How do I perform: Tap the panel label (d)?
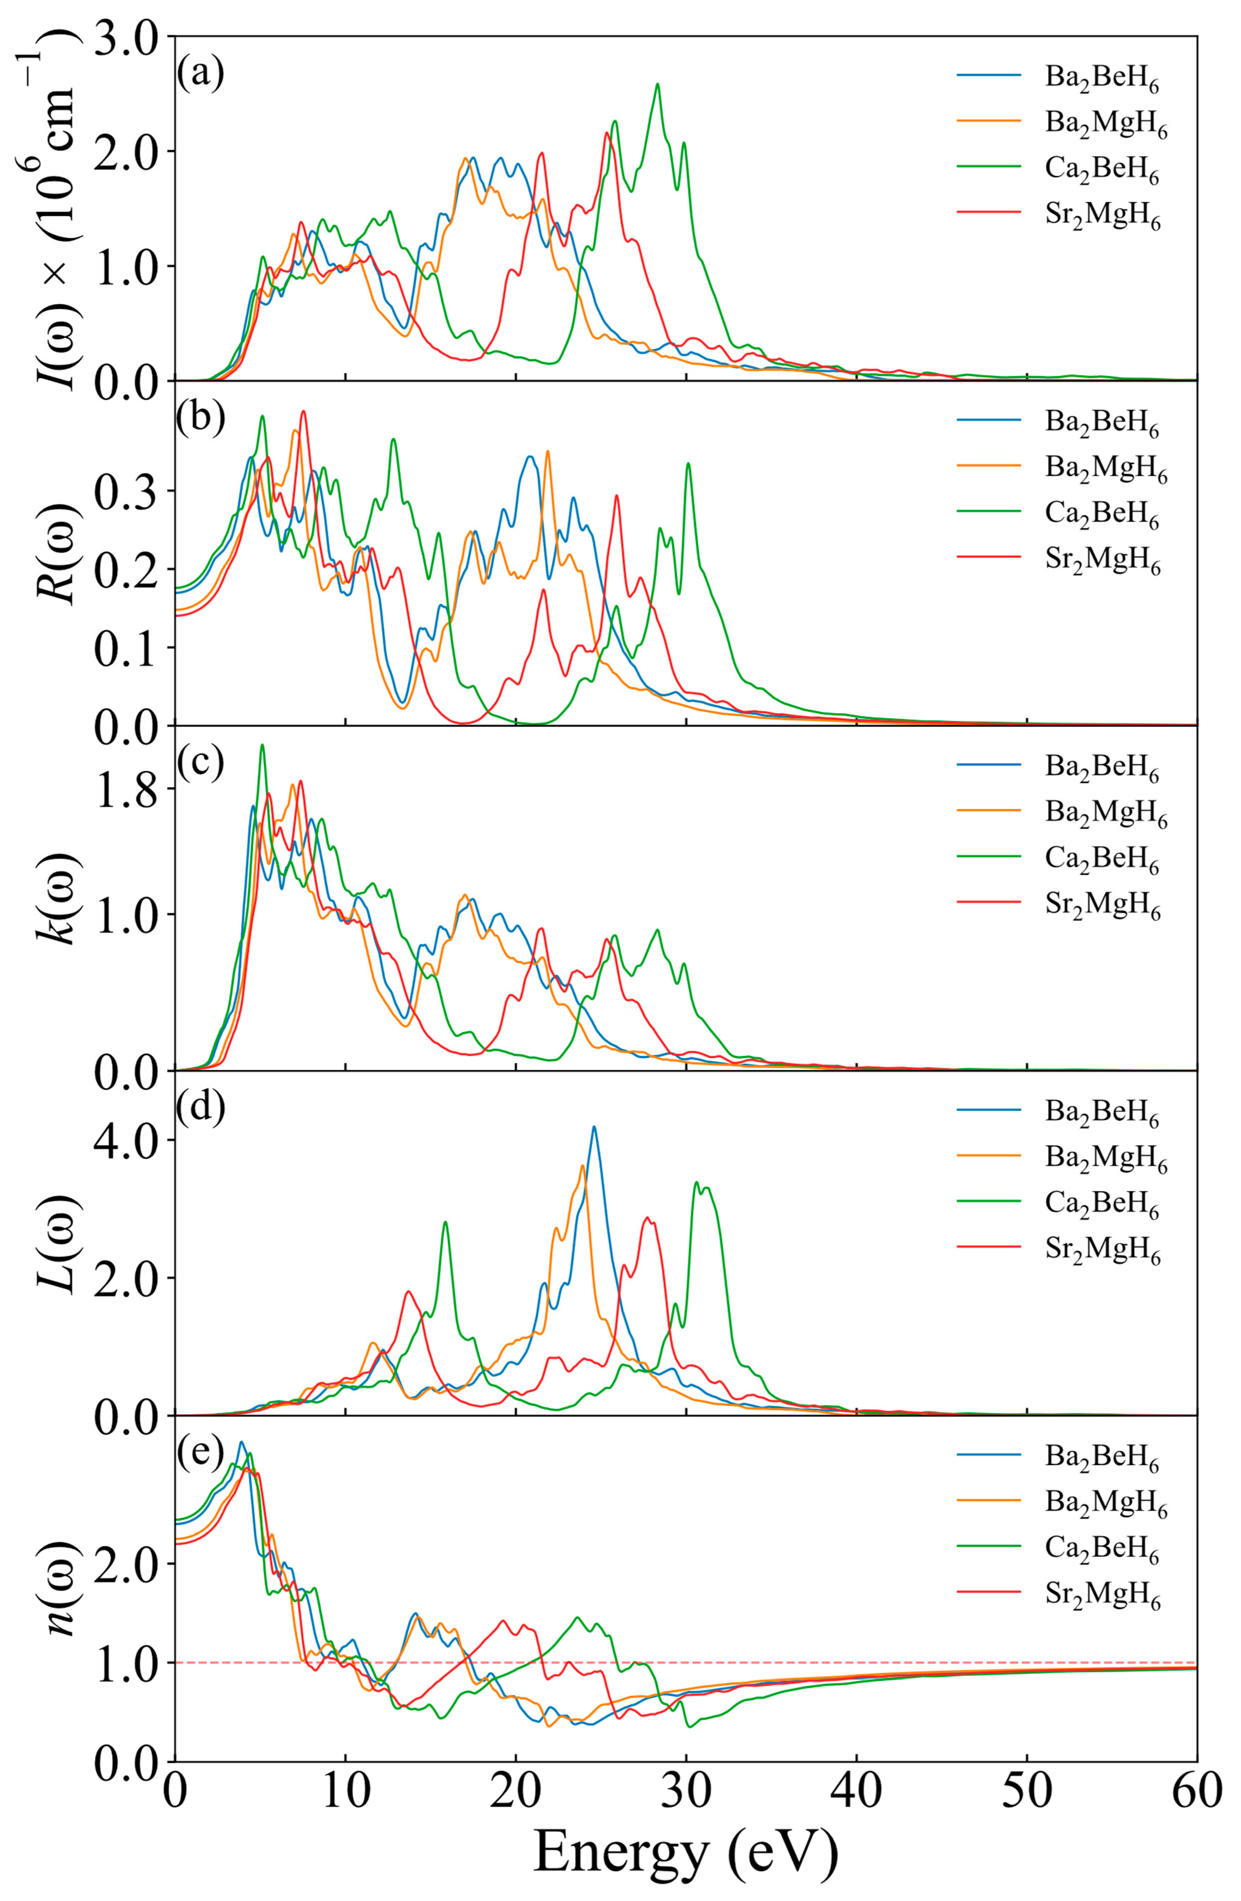(200, 1109)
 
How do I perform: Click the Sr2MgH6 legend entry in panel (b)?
(1102, 561)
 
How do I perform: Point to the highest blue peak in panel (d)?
(593, 1127)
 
